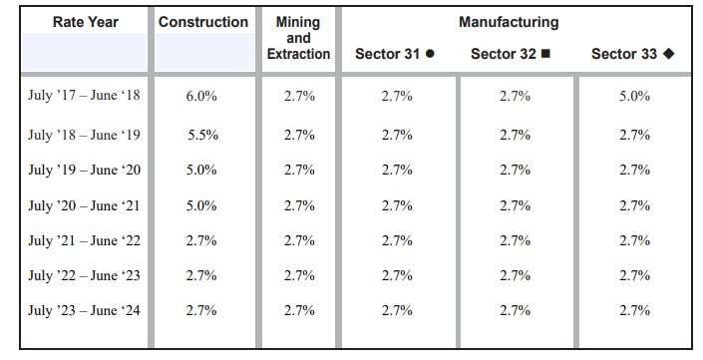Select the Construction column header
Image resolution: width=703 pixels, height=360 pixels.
click(x=202, y=22)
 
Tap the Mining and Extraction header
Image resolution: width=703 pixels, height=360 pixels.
click(x=298, y=38)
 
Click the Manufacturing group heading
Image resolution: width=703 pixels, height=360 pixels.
click(x=509, y=22)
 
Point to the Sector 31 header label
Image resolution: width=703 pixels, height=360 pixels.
click(x=387, y=54)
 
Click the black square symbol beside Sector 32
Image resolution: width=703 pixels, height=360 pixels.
click(x=545, y=54)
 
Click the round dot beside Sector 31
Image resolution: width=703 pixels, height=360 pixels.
click(x=430, y=54)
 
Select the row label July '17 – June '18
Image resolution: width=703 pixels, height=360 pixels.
click(x=85, y=97)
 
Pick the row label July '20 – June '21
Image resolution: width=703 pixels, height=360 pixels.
click(x=85, y=205)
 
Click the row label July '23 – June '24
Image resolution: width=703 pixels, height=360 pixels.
click(x=85, y=310)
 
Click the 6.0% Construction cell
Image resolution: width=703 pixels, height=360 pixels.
click(x=201, y=97)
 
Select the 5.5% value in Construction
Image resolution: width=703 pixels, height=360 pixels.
click(x=201, y=135)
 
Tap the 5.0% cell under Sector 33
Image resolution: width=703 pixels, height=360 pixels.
click(x=634, y=97)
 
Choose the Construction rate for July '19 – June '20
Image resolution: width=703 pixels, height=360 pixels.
click(x=201, y=170)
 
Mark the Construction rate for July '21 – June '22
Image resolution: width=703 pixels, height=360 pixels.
click(x=201, y=240)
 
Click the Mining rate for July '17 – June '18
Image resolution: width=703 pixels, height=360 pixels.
click(x=299, y=97)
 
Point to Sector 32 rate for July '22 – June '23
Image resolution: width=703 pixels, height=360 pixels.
click(x=515, y=275)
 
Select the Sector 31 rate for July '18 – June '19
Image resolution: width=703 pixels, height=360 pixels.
click(x=397, y=135)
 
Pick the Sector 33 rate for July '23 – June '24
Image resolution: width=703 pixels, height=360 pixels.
click(x=634, y=310)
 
